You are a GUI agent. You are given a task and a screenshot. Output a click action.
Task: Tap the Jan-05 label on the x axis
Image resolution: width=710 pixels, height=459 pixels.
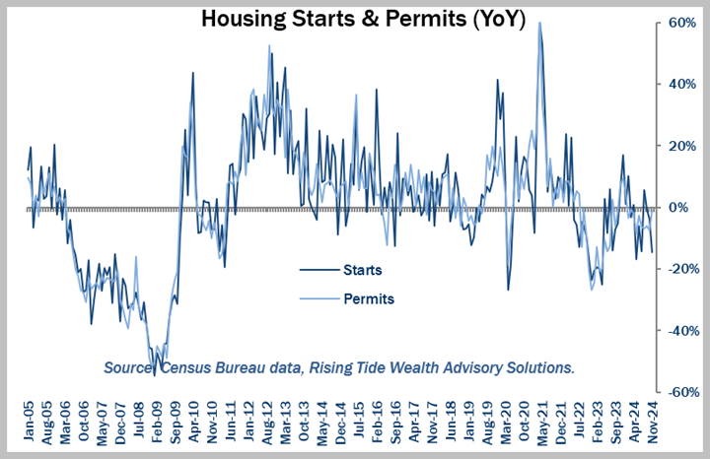pyautogui.click(x=30, y=420)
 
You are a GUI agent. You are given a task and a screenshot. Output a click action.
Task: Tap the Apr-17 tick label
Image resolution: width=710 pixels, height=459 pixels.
pyautogui.click(x=413, y=420)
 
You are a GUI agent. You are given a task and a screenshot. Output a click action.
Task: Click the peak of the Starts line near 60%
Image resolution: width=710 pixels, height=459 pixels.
pyautogui.click(x=539, y=23)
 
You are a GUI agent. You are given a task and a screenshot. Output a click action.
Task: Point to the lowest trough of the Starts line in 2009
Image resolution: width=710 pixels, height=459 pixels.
pyautogui.click(x=154, y=374)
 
